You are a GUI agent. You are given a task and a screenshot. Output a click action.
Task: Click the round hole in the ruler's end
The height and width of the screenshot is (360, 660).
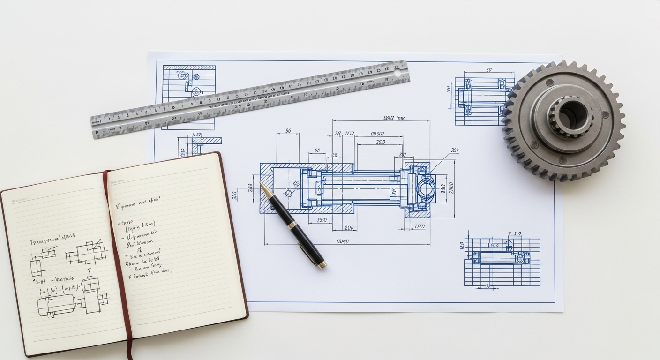pyautogui.click(x=397, y=73)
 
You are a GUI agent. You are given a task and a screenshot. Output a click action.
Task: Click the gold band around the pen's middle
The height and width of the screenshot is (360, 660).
pyautogui.click(x=292, y=225)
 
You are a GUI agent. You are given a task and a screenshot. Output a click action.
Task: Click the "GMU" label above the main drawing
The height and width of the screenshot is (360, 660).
pyautogui.click(x=394, y=118)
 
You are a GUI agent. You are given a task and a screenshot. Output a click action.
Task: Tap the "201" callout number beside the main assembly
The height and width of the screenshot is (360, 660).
pyautogui.click(x=454, y=150)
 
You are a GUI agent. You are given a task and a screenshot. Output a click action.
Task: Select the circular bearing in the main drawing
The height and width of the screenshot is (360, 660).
pyautogui.click(x=426, y=189)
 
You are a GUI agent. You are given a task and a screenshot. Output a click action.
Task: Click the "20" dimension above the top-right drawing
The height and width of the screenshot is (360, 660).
pyautogui.click(x=488, y=70)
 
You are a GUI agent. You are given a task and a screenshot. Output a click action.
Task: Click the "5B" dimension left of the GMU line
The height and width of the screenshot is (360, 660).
pyautogui.click(x=317, y=151)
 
